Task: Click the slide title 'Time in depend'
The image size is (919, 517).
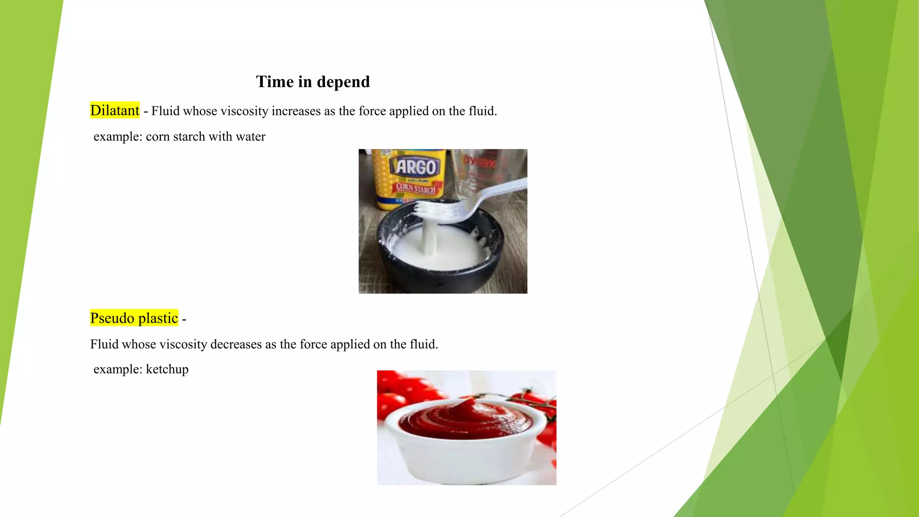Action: [x=313, y=82]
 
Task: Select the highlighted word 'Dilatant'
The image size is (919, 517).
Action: [x=115, y=110]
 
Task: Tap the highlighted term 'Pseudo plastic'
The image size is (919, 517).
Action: [x=134, y=318]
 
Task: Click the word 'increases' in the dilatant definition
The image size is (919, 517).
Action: [x=297, y=111]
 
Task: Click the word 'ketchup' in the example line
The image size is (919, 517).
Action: [x=167, y=369]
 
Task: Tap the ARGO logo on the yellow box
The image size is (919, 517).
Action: [x=416, y=167]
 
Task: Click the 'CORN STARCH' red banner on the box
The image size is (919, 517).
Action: [x=416, y=188]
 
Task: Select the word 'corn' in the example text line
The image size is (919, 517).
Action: [x=158, y=136]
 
